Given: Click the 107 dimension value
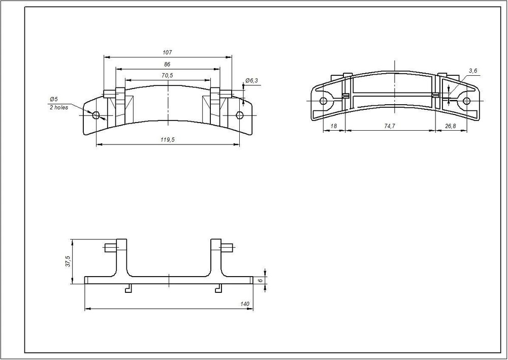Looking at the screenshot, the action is pos(168,52).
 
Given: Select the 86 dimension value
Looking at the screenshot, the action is pos(167,65).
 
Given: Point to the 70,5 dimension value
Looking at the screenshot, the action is pos(167,76).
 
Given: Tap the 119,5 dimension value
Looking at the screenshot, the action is pos(168,140).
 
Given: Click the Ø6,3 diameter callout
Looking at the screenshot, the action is pos(252,80).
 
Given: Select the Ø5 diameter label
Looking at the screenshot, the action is pos(53,99).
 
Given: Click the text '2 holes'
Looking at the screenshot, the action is pos(59,107).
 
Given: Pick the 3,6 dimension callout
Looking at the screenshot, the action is pos(472,71).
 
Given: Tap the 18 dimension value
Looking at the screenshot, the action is pos(333,126).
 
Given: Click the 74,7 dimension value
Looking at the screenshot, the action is pos(390,126).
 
